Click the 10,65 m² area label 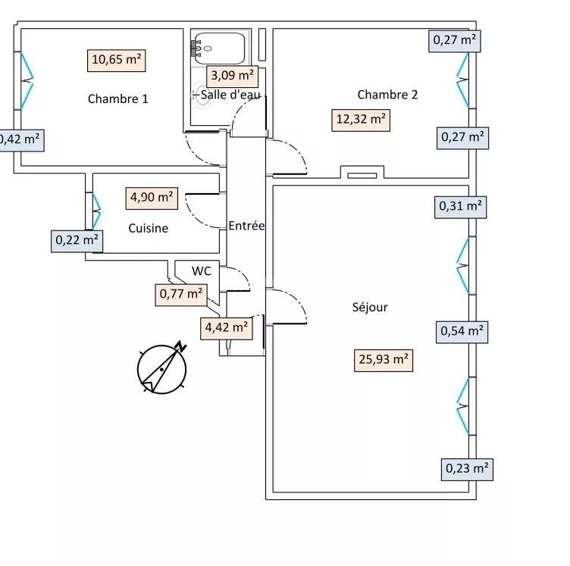click(x=117, y=60)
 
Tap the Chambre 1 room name click(x=117, y=99)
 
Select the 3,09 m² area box click(x=232, y=76)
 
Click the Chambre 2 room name click(x=387, y=95)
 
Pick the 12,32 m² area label click(x=361, y=120)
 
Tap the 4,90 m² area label click(x=152, y=198)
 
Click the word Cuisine click(x=148, y=228)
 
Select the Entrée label click(x=246, y=226)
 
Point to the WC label click(x=201, y=270)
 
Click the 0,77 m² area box click(x=180, y=294)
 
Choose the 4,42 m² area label click(x=226, y=327)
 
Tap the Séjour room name click(x=370, y=307)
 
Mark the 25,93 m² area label click(x=383, y=359)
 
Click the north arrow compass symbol click(x=162, y=368)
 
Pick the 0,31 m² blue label click(x=460, y=205)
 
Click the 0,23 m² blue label click(x=466, y=468)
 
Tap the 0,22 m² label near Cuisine click(x=77, y=240)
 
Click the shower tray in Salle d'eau click(x=218, y=48)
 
